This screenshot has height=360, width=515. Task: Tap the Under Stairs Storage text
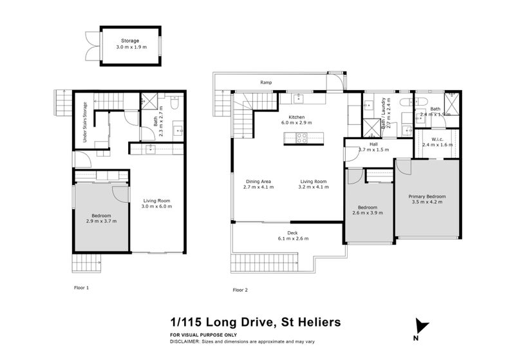(84, 122)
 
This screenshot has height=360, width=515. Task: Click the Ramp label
(266, 82)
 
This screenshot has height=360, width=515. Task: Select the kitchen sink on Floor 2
(298, 99)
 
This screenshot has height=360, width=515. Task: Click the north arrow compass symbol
(421, 328)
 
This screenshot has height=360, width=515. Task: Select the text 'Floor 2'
(240, 290)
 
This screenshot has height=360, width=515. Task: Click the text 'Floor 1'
(80, 287)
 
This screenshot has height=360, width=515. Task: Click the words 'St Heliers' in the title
(312, 321)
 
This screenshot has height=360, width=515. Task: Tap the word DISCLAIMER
(187, 343)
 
